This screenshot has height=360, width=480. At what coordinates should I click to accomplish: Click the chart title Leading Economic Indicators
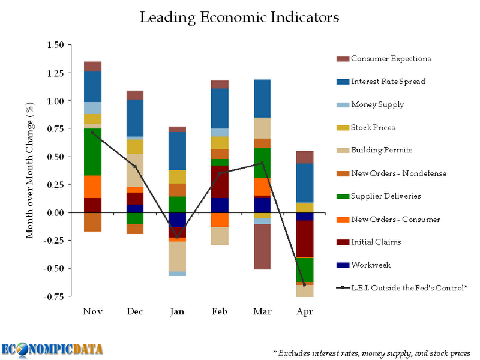[x=239, y=17]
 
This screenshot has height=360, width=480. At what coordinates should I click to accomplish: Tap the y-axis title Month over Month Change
[x=29, y=170]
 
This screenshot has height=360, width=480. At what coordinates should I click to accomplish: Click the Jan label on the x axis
[x=177, y=312]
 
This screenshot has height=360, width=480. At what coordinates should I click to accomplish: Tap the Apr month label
[x=305, y=312]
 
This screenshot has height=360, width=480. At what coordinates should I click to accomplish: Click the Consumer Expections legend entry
[x=391, y=59]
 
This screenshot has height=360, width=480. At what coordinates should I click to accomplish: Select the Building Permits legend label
[x=382, y=150]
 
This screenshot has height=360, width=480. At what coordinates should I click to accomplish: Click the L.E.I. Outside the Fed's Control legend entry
[x=409, y=288]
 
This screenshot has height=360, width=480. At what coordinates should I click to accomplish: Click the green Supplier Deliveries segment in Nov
[x=92, y=151]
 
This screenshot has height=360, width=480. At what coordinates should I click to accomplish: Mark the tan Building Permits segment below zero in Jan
[x=177, y=256]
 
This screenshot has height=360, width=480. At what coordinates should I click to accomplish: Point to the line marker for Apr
[x=305, y=285]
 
